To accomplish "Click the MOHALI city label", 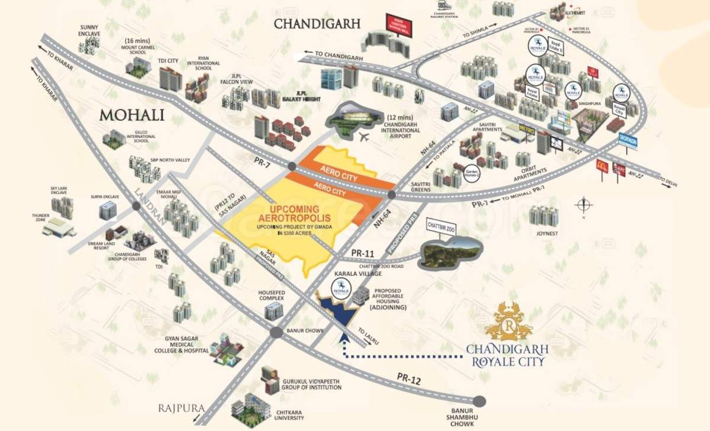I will [131, 114].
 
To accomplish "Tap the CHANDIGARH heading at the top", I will [317, 24].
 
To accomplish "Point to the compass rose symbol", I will [583, 205].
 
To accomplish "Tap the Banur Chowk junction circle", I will [276, 333].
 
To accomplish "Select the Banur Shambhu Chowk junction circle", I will [479, 401].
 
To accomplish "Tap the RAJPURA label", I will [181, 409].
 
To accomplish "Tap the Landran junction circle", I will [137, 206].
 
